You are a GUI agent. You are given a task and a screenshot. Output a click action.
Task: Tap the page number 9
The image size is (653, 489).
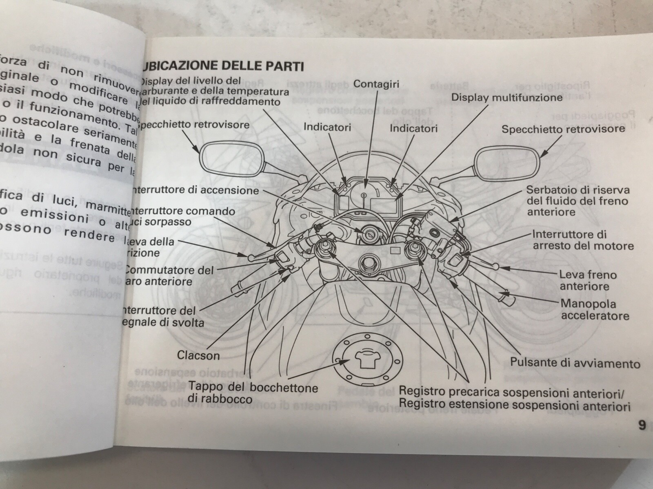[x=642, y=425]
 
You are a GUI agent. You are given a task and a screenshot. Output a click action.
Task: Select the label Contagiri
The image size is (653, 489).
[x=376, y=84]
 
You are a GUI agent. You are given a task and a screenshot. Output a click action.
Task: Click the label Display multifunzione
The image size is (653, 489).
[x=506, y=98]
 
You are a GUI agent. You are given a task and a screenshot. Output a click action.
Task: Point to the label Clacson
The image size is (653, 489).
[x=198, y=355]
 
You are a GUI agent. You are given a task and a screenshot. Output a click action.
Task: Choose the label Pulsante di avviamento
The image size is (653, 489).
[x=575, y=363]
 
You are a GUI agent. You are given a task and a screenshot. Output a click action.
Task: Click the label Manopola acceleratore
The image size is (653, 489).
[x=595, y=310]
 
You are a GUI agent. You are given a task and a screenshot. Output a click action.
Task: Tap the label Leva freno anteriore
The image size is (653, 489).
[x=588, y=280]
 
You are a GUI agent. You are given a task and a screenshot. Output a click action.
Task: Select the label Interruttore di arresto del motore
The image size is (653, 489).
[x=583, y=240]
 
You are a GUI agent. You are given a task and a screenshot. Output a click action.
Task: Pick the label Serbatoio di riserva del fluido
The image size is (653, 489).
[x=577, y=200]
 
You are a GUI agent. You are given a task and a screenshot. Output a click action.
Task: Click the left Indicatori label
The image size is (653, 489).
[x=327, y=127]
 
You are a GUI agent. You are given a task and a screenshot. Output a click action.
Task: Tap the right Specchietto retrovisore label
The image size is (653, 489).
[x=563, y=129]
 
